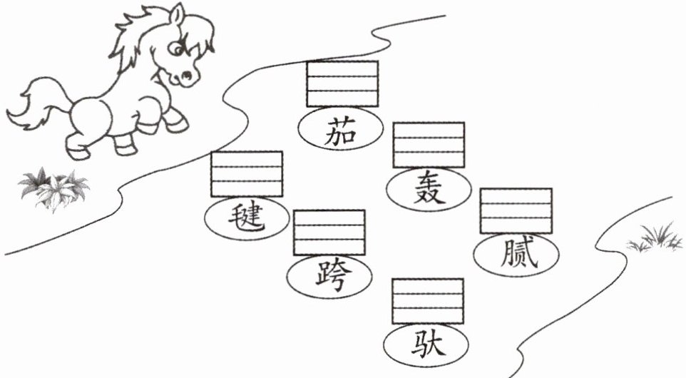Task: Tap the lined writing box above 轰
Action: click(429, 145)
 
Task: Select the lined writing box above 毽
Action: click(247, 173)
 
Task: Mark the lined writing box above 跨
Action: click(329, 233)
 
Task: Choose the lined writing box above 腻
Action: click(516, 210)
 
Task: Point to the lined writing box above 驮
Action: click(428, 301)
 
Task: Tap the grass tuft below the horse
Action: click(54, 187)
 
